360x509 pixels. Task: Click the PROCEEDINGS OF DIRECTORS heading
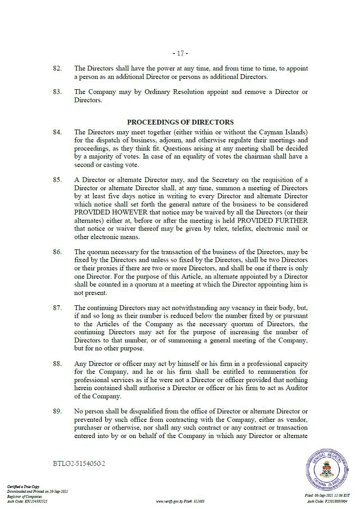[180, 122]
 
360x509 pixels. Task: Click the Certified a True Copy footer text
[21, 486]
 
